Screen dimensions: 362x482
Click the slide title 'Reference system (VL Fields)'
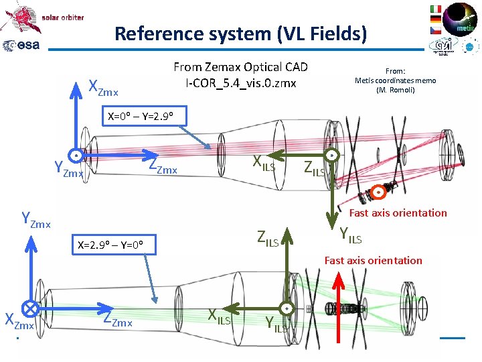[240, 34]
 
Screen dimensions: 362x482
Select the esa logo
[21, 46]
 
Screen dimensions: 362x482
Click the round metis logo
[461, 19]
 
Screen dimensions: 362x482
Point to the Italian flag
[435, 9]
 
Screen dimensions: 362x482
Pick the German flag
[435, 19]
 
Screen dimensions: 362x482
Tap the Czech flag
[435, 30]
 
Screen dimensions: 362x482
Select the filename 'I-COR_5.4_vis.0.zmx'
[240, 83]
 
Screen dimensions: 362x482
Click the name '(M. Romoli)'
[395, 90]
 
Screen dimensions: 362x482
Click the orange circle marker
[378, 192]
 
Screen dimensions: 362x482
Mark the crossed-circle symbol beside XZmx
[29, 308]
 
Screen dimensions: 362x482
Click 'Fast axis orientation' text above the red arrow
[373, 260]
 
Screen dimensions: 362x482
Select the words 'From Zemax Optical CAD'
[240, 66]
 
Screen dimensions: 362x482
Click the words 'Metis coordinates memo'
[395, 80]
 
